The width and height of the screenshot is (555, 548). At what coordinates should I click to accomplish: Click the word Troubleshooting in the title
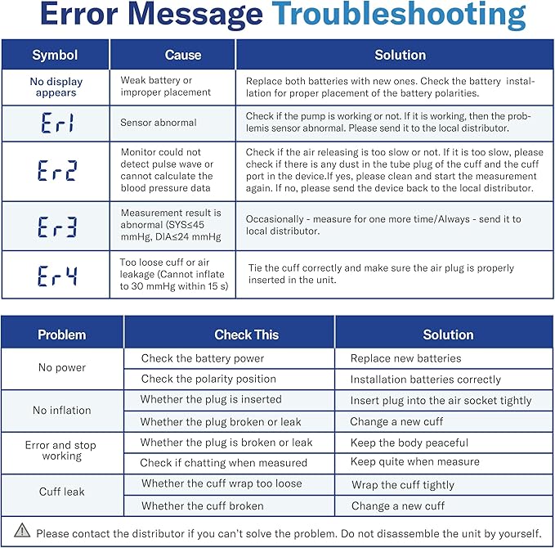pyautogui.click(x=398, y=16)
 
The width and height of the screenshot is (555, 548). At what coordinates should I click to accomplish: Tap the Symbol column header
pyautogui.click(x=55, y=56)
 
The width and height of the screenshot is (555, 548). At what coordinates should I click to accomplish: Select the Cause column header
pyautogui.click(x=183, y=56)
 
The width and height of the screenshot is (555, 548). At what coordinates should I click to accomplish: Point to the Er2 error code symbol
pyautogui.click(x=56, y=171)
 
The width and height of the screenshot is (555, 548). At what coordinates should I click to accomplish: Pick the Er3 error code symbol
pyautogui.click(x=56, y=226)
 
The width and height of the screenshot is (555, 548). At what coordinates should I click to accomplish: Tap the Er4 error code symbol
pyautogui.click(x=56, y=276)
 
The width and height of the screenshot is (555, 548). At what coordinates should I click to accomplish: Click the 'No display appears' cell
pyautogui.click(x=56, y=88)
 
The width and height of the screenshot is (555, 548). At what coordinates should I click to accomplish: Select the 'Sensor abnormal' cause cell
pyautogui.click(x=159, y=123)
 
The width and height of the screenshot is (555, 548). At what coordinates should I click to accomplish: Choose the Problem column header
pyautogui.click(x=62, y=335)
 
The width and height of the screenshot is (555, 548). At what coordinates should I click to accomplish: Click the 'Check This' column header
pyautogui.click(x=246, y=335)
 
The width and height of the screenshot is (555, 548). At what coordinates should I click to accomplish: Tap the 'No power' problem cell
pyautogui.click(x=62, y=368)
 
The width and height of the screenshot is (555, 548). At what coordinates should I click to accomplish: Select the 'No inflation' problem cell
pyautogui.click(x=62, y=411)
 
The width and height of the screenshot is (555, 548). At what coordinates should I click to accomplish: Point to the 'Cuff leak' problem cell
pyautogui.click(x=62, y=492)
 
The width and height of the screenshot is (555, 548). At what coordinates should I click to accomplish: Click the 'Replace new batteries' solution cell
pyautogui.click(x=405, y=358)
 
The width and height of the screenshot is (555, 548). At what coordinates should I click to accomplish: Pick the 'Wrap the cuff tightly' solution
pyautogui.click(x=403, y=485)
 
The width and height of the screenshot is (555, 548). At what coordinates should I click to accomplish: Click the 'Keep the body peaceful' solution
pyautogui.click(x=410, y=442)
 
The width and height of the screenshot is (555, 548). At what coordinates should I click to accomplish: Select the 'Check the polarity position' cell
pyautogui.click(x=208, y=380)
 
